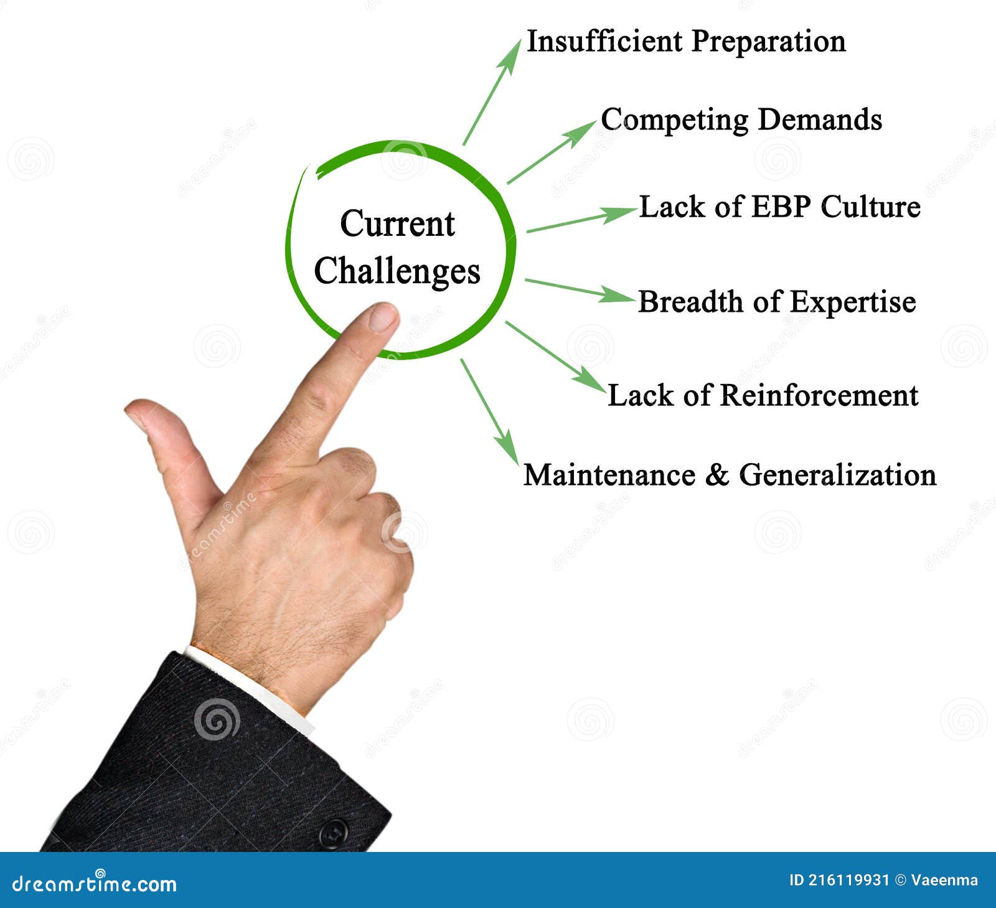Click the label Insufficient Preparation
(686, 42)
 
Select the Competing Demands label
(741, 119)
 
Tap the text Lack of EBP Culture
(779, 207)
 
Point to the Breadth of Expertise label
(777, 302)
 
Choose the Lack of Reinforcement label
(763, 396)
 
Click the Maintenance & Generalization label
(730, 475)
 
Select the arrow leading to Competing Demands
(551, 152)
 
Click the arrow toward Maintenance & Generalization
(489, 411)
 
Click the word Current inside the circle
(397, 224)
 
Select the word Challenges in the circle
(397, 271)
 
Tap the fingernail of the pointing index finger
(383, 317)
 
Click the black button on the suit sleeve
(333, 833)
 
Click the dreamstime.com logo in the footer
(95, 882)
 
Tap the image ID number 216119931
(849, 880)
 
